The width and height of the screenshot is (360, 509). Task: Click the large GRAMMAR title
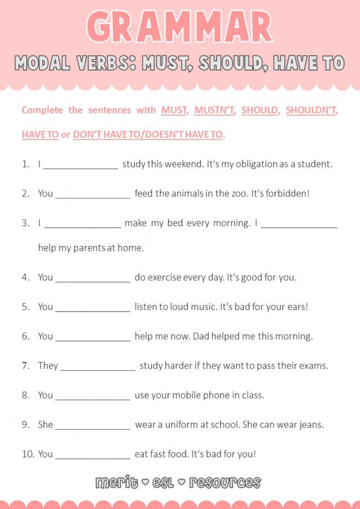coord(180,26)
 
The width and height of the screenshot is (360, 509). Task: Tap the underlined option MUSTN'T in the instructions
coord(215,110)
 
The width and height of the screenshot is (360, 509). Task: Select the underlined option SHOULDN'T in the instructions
coord(311,110)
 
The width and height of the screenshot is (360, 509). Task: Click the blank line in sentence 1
coord(81,165)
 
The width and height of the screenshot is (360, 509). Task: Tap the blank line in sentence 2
coord(93,195)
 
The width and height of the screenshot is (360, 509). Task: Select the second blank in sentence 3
coord(299,224)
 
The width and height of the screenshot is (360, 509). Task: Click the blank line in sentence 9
coord(93,426)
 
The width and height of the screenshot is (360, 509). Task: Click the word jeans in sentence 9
coord(310,425)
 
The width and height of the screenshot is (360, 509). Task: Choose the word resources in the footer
coord(225,483)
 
